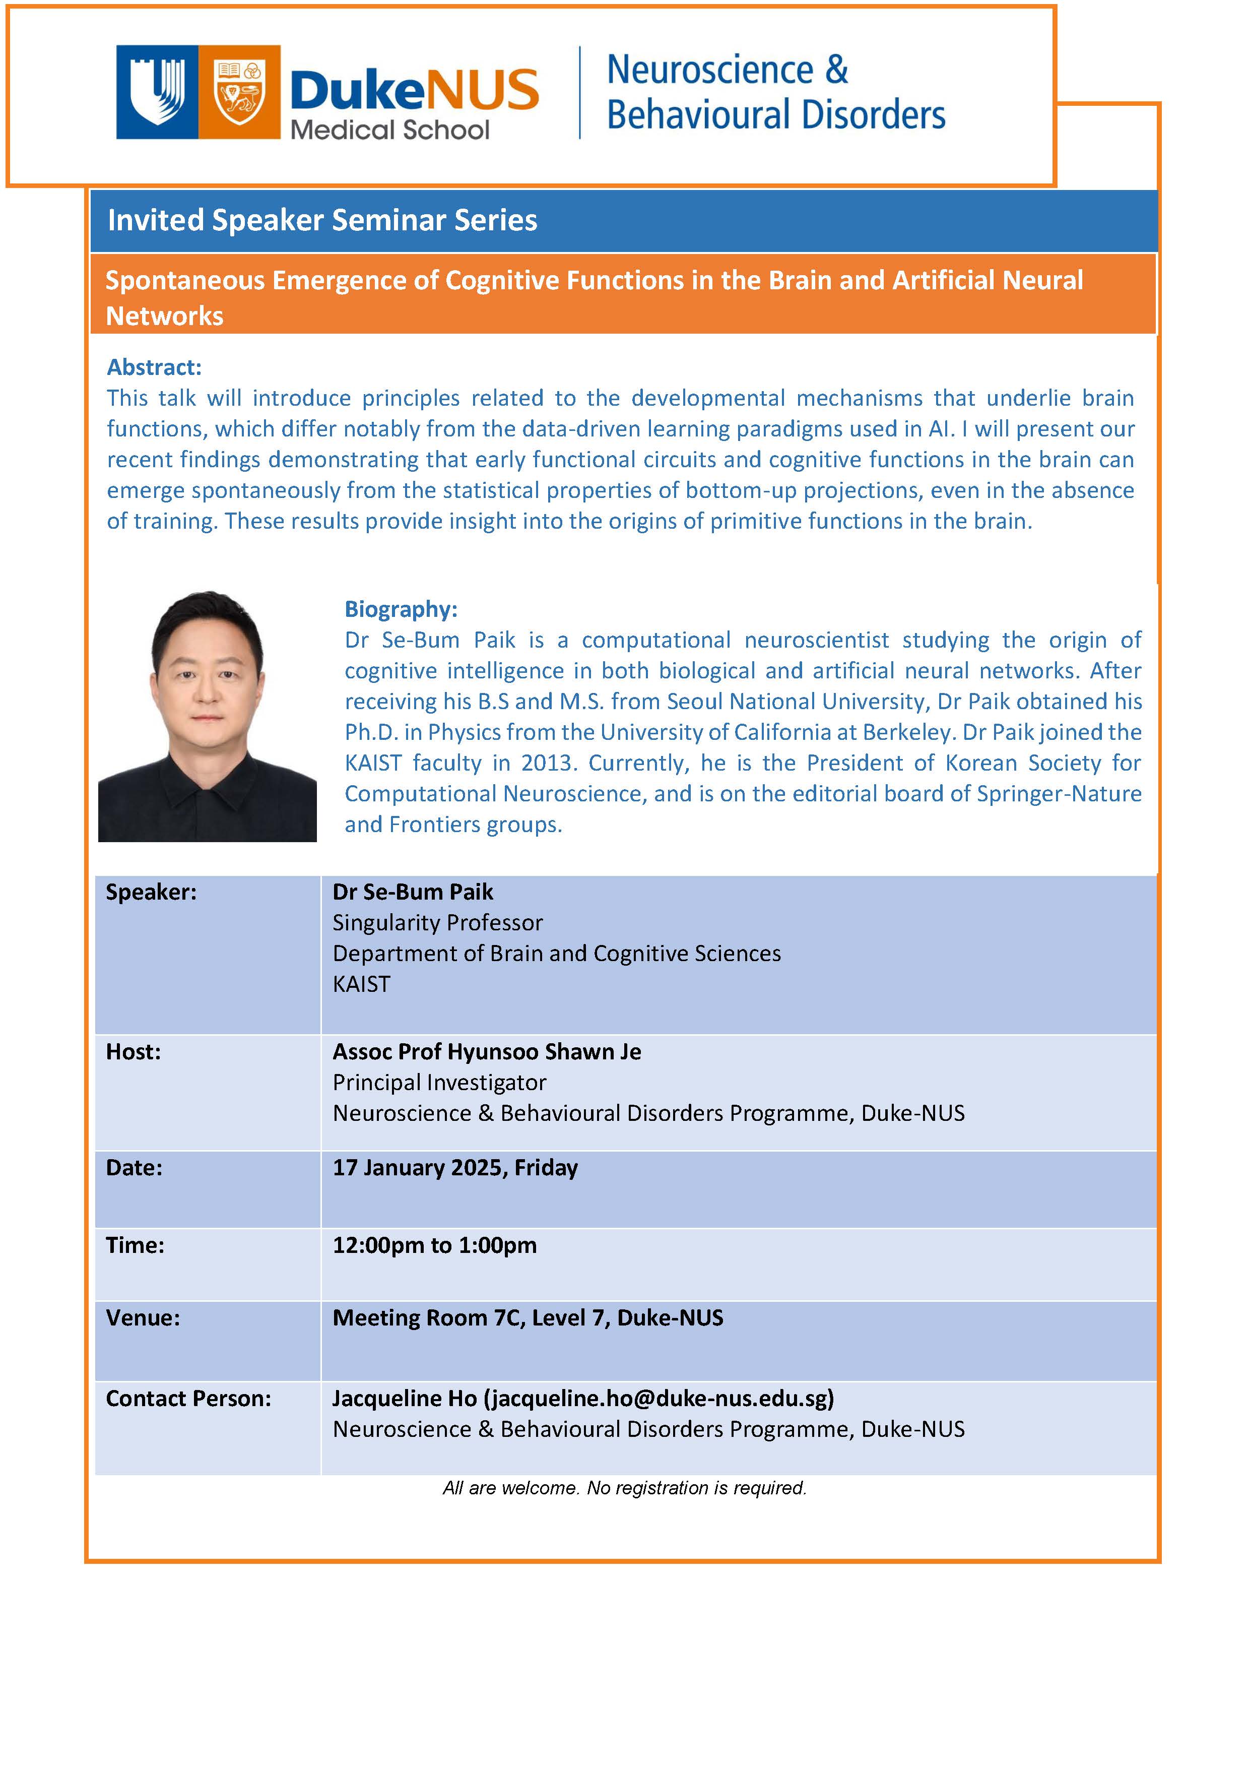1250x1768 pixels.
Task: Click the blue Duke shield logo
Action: pyautogui.click(x=157, y=92)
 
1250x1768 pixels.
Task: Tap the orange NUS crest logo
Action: pyautogui.click(x=239, y=92)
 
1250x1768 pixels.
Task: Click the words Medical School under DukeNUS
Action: pyautogui.click(x=389, y=130)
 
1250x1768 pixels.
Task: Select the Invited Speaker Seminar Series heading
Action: pyautogui.click(x=322, y=220)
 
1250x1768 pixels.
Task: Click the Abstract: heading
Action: pyautogui.click(x=154, y=367)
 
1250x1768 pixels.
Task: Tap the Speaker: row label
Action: pyautogui.click(x=151, y=892)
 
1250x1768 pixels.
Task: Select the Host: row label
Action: pyautogui.click(x=133, y=1052)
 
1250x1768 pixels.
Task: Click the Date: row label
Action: pyautogui.click(x=134, y=1168)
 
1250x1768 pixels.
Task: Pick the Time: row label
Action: pyautogui.click(x=135, y=1245)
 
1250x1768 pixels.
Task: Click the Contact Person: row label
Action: pyautogui.click(x=188, y=1399)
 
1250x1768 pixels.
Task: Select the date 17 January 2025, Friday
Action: pyautogui.click(x=455, y=1168)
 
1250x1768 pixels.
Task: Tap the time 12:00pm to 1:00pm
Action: pyautogui.click(x=434, y=1245)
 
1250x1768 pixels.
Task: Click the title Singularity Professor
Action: pyautogui.click(x=437, y=922)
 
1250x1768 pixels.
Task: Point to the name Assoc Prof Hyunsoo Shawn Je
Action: pyautogui.click(x=487, y=1052)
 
